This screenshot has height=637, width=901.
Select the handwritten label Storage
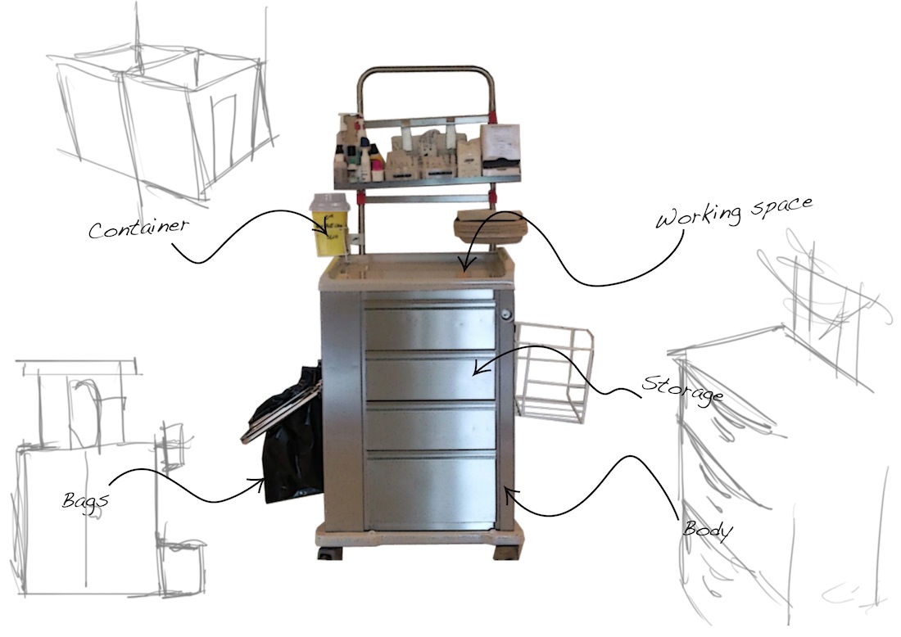tap(683, 388)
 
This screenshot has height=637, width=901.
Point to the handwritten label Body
tap(708, 529)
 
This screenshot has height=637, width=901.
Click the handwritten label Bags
tap(84, 499)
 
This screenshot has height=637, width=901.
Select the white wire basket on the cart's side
tap(554, 373)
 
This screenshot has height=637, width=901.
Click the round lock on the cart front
tap(507, 314)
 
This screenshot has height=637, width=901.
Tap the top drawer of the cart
tap(430, 328)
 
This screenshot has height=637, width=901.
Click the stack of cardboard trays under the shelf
tap(488, 226)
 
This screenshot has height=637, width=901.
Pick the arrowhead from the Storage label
tap(476, 372)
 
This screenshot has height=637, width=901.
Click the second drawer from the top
tap(430, 376)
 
